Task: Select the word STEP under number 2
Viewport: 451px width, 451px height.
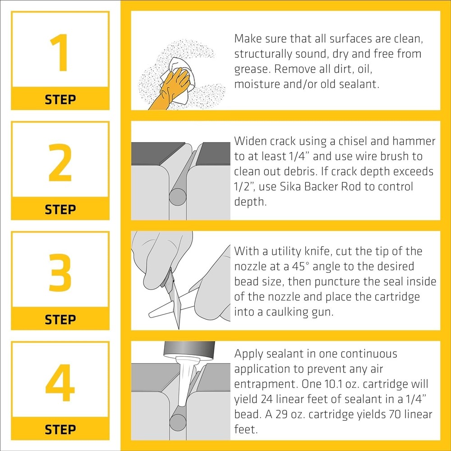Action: pyautogui.click(x=60, y=209)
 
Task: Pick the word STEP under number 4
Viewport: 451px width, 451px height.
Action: pyautogui.click(x=60, y=429)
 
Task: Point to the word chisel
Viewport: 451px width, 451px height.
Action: pyautogui.click(x=352, y=141)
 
